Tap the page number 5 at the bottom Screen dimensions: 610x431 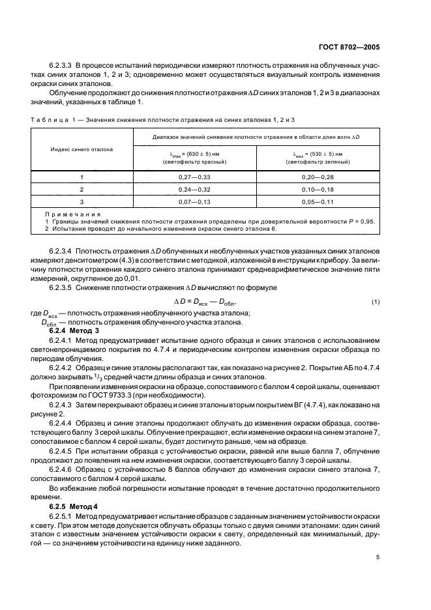[x=378, y=557]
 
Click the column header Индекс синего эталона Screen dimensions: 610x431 [x=82, y=149]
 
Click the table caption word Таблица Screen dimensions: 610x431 [x=49, y=120]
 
